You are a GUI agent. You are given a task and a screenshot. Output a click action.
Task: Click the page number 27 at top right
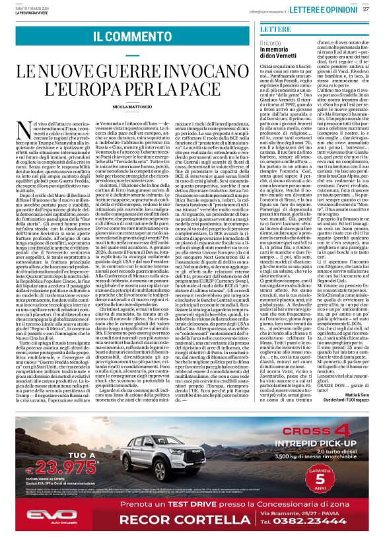[x=365, y=9]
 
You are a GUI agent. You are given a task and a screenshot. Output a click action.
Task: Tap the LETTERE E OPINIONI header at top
[x=326, y=9]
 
